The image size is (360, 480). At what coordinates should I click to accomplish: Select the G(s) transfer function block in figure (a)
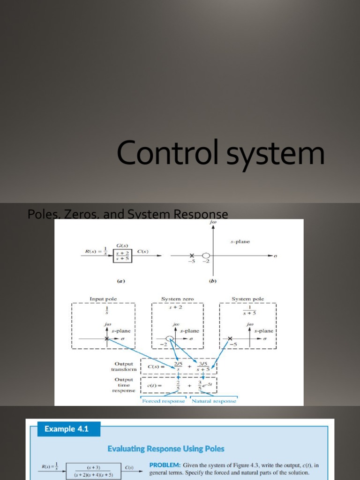click(122, 255)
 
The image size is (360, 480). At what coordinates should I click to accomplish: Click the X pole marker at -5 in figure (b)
click(191, 255)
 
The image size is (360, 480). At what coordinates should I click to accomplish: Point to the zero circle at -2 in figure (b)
click(206, 255)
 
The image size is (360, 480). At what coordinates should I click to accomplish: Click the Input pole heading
click(103, 299)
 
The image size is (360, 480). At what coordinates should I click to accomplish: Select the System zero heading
click(177, 299)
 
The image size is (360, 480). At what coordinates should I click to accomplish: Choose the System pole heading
click(247, 299)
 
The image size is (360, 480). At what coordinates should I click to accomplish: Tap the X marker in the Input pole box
click(107, 338)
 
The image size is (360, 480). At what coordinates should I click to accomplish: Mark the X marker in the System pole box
click(230, 338)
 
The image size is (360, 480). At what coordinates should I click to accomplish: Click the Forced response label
click(164, 401)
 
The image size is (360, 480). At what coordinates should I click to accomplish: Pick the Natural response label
click(214, 401)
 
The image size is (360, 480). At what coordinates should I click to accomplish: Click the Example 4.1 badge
click(66, 428)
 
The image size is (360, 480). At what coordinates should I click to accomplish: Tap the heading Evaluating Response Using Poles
click(166, 449)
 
